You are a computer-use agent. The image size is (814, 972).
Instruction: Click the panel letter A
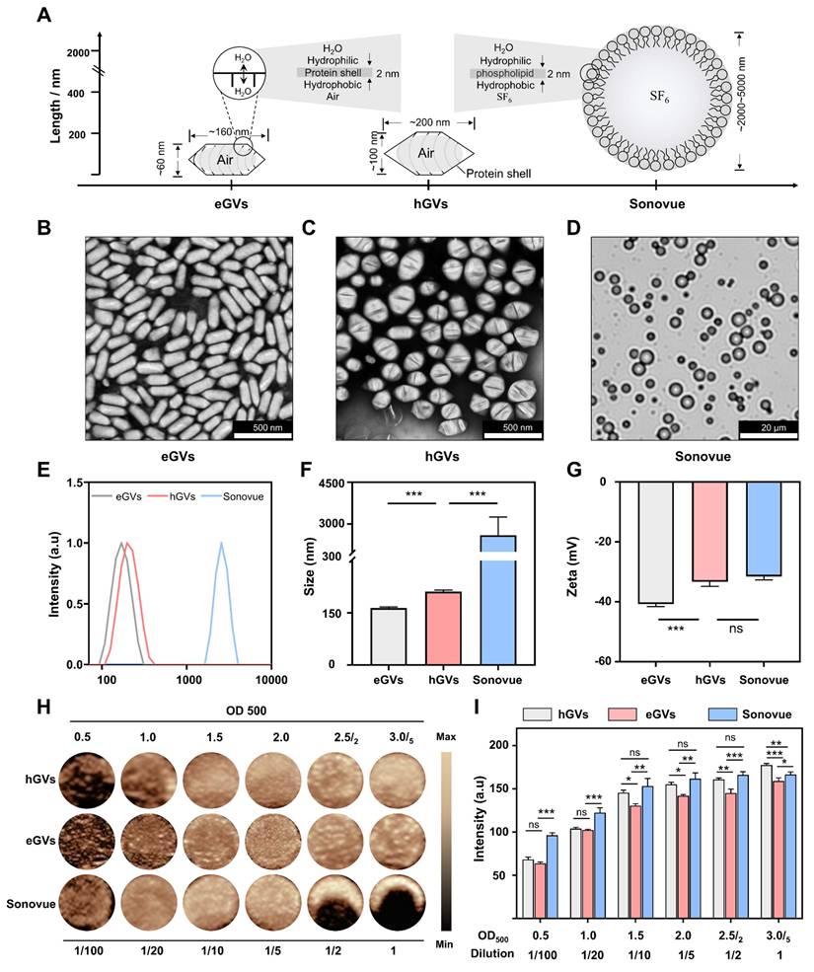[42, 17]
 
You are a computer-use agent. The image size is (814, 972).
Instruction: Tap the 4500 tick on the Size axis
[384, 483]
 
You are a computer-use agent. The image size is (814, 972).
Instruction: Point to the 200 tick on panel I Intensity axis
[500, 745]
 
